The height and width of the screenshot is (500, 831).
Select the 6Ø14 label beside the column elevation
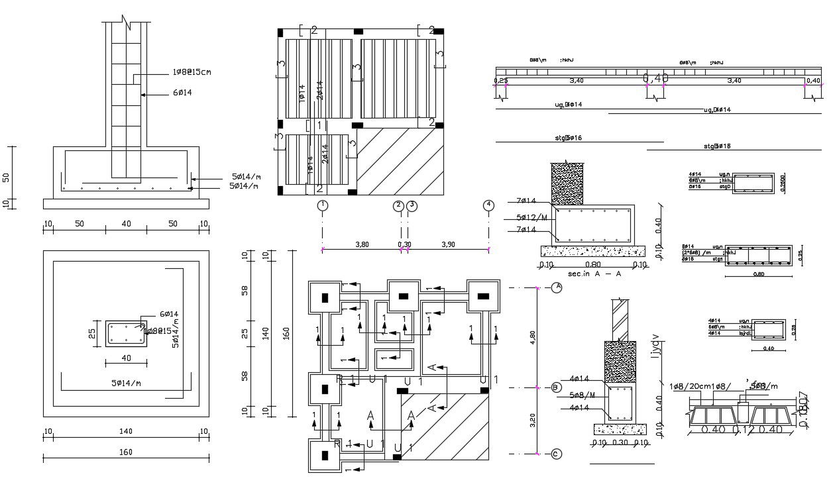tap(182, 93)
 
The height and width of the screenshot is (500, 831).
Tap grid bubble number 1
tap(323, 205)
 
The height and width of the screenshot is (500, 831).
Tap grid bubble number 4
tap(488, 205)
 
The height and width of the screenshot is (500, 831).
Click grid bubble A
tap(557, 287)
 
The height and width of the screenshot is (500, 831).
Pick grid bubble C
tap(557, 454)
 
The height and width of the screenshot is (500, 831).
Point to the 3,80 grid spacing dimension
tap(362, 244)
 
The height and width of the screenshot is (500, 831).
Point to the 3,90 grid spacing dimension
tap(448, 244)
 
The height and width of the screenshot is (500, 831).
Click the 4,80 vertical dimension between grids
tap(531, 337)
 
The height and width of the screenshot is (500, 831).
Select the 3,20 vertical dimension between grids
tap(531, 421)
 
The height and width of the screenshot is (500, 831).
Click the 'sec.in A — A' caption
tap(594, 274)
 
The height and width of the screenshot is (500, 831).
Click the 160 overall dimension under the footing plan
tap(125, 452)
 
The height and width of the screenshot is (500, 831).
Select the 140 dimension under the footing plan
tap(125, 431)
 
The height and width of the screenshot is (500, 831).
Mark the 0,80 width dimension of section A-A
tap(593, 265)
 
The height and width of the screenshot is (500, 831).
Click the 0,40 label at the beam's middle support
tap(655, 79)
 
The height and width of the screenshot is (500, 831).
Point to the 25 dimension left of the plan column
tap(93, 332)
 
